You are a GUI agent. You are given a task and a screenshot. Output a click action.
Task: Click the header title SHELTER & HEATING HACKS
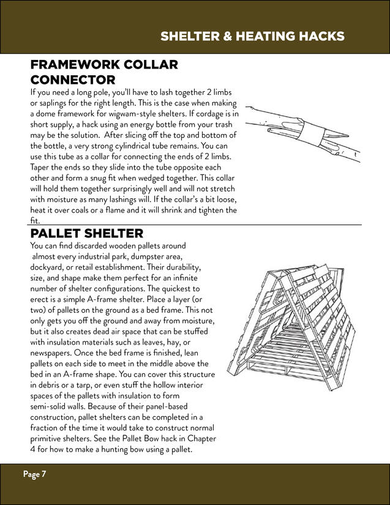click(252, 37)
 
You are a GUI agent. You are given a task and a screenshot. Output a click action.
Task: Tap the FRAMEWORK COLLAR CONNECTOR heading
click(104, 72)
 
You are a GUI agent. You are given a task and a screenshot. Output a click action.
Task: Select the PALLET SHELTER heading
click(87, 233)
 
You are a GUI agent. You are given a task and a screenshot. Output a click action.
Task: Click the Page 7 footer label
click(35, 474)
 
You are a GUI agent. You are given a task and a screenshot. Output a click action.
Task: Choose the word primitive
click(49, 439)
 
